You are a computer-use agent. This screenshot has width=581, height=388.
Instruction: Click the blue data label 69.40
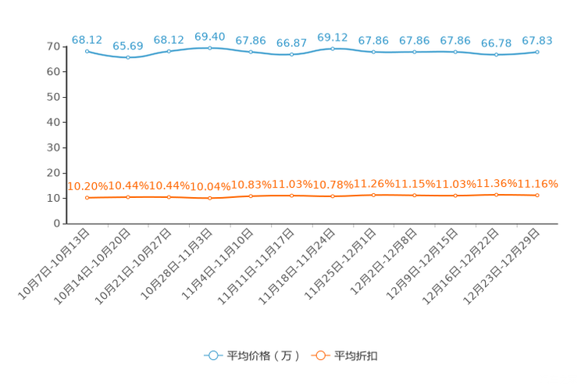[x=210, y=37]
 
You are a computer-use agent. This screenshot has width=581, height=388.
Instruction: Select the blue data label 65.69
[x=128, y=46]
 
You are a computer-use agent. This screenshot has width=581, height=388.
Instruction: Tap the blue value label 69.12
[x=333, y=38]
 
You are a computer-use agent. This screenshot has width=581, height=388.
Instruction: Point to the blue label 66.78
[x=496, y=44]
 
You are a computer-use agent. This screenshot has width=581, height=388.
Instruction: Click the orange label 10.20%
[x=87, y=186]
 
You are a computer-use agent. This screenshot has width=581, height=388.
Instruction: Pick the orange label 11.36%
[x=497, y=183]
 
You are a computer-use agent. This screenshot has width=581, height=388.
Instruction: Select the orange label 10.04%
[x=210, y=187]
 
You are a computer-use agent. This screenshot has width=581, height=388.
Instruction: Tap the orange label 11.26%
[x=374, y=184]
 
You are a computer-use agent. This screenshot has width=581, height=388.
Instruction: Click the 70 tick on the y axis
[x=53, y=46]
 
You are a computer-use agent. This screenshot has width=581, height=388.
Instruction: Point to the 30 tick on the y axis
[x=53, y=148]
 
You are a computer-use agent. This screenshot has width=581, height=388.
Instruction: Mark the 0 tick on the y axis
[x=57, y=224]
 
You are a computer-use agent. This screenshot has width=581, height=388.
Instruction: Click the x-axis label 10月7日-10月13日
[x=54, y=264]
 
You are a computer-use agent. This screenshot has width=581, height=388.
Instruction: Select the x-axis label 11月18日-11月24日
[x=297, y=267]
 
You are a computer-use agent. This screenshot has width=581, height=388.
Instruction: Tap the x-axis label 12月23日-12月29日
[x=501, y=267]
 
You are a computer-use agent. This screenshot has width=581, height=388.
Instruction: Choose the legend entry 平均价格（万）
[x=252, y=356]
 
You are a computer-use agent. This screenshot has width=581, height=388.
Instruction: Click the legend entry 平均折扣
[x=344, y=356]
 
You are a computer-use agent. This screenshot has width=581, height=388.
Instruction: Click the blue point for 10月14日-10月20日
[x=128, y=58]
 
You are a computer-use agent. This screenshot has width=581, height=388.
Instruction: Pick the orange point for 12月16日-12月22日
[x=496, y=195]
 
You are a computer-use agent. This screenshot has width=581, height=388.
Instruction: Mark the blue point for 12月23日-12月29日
[x=537, y=52]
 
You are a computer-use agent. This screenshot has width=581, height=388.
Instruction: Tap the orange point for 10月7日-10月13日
[x=87, y=198]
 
